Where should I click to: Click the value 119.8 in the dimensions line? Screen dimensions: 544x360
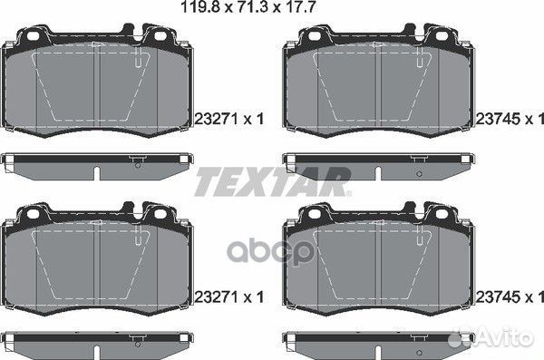[x=201, y=6]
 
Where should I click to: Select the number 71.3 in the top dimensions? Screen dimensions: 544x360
[x=252, y=6]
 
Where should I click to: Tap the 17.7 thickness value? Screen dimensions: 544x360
[x=299, y=6]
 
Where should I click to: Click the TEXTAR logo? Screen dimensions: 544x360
[x=273, y=181]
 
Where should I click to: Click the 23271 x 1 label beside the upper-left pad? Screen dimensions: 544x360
[x=229, y=119]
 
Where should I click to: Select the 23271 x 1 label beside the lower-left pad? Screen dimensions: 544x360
[x=229, y=297]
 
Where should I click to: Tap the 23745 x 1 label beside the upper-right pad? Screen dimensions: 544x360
[x=510, y=119]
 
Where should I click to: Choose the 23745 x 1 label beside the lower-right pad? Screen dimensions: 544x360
[x=510, y=297]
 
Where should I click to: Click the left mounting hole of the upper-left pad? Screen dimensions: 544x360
[x=34, y=35]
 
